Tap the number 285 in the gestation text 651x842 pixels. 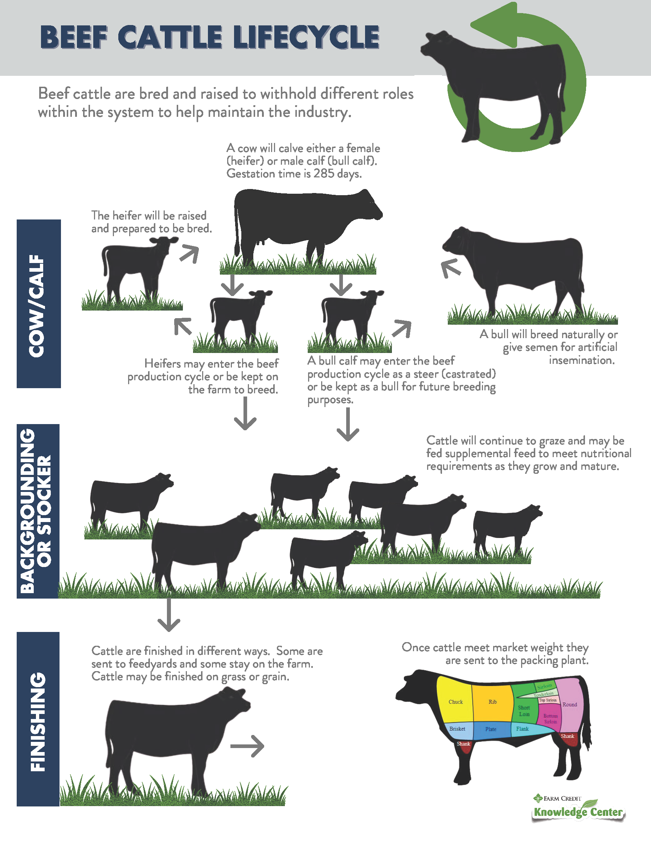[x=324, y=173]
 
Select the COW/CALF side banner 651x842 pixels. [x=38, y=304]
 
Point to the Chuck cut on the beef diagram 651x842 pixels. [x=455, y=702]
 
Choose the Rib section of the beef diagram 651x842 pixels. [x=492, y=702]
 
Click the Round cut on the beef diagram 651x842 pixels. [x=570, y=705]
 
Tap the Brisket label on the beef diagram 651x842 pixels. [x=457, y=729]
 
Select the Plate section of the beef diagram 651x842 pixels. [x=491, y=730]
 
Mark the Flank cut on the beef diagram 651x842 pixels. [x=523, y=729]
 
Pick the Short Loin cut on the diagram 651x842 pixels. [x=524, y=711]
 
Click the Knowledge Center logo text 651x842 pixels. [x=578, y=812]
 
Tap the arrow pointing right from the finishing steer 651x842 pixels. [x=247, y=746]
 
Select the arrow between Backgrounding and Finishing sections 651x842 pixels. [x=169, y=615]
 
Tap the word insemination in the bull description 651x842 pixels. [x=581, y=360]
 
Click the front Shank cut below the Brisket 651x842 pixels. [x=463, y=744]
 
